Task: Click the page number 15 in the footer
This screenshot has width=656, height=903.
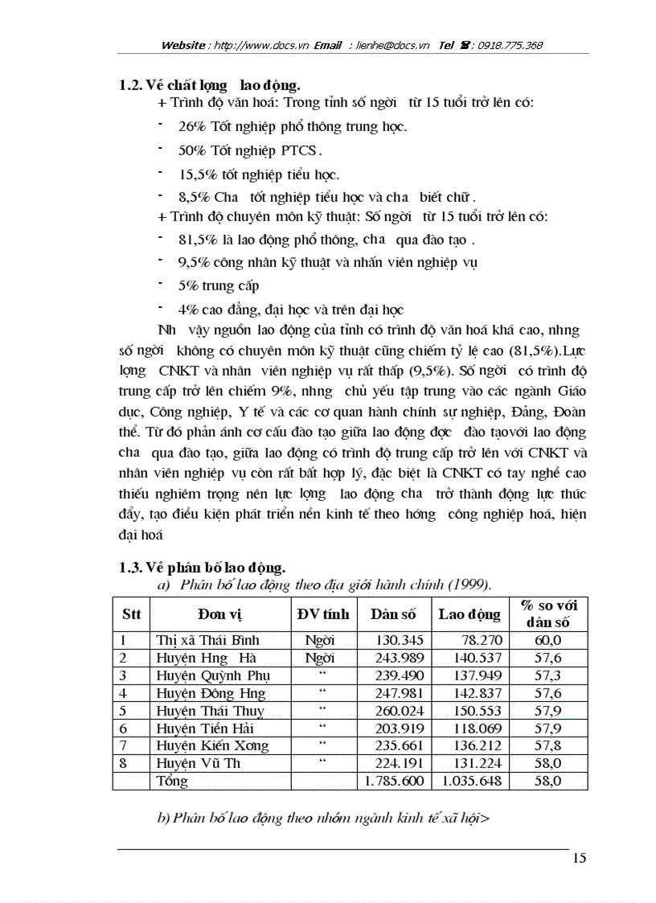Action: click(x=580, y=859)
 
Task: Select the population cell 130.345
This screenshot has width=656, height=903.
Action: click(x=395, y=640)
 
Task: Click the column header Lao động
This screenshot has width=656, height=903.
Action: click(x=469, y=614)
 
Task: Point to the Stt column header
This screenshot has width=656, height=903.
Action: click(x=131, y=614)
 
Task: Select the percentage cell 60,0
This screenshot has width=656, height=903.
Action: click(x=548, y=640)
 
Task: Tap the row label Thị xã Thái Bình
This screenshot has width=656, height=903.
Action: click(x=207, y=640)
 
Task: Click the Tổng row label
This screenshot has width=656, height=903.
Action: click(x=172, y=781)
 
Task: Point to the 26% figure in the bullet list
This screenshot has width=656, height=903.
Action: click(x=191, y=126)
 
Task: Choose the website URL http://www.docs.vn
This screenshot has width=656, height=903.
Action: click(x=258, y=45)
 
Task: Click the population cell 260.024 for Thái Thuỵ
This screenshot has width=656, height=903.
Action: click(x=395, y=711)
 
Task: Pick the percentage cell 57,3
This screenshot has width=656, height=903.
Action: click(x=548, y=675)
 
